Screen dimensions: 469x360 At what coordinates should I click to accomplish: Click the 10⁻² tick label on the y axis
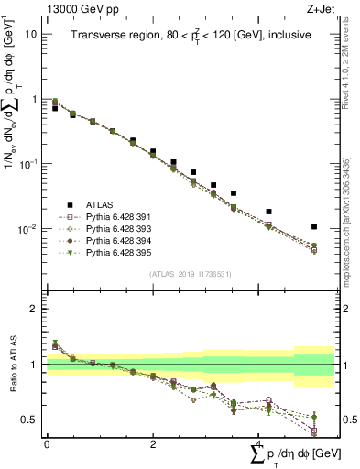(x=27, y=228)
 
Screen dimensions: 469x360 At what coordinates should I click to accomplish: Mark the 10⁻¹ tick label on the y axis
(x=27, y=163)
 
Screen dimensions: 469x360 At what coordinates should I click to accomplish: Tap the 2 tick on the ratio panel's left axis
(x=34, y=309)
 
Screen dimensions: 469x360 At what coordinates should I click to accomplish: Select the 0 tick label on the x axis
(x=47, y=443)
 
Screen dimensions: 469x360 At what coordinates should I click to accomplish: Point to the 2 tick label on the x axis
(x=153, y=443)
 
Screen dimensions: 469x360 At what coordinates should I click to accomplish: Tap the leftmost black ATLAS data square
(x=55, y=108)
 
